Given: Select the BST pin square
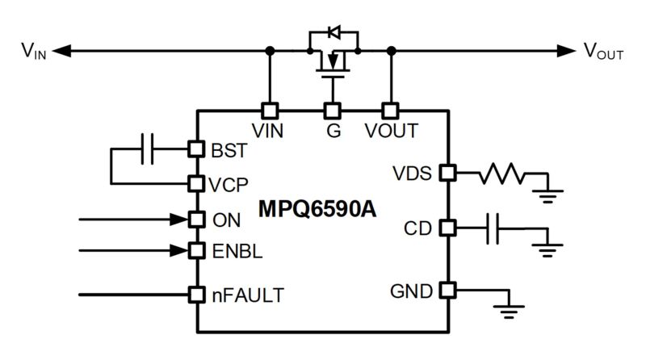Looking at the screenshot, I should pos(195,149).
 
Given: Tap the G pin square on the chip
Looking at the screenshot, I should pos(330,111).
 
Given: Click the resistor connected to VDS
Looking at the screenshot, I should pos(503,173).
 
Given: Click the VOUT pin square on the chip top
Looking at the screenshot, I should pos(391,111).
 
